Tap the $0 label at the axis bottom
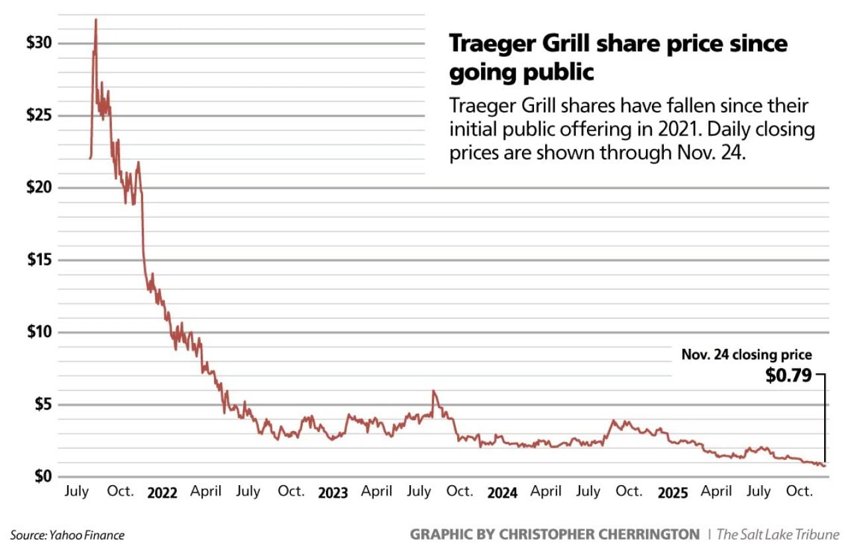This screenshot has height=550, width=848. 42,477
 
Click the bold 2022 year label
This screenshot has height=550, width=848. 162,493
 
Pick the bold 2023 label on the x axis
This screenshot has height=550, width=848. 333,493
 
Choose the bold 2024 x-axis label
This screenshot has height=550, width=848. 502,493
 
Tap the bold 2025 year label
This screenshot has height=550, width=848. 672,493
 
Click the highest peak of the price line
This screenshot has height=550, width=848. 96,20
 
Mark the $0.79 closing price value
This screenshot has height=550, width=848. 788,376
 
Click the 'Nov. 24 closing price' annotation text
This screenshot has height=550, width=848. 746,355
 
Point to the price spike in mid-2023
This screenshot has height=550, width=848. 433,391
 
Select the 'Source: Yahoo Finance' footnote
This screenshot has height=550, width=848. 67,535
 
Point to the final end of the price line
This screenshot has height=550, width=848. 825,466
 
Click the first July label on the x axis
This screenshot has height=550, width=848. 78,492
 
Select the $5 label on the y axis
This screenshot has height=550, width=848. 42,405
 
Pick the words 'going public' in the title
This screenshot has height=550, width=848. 521,72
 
